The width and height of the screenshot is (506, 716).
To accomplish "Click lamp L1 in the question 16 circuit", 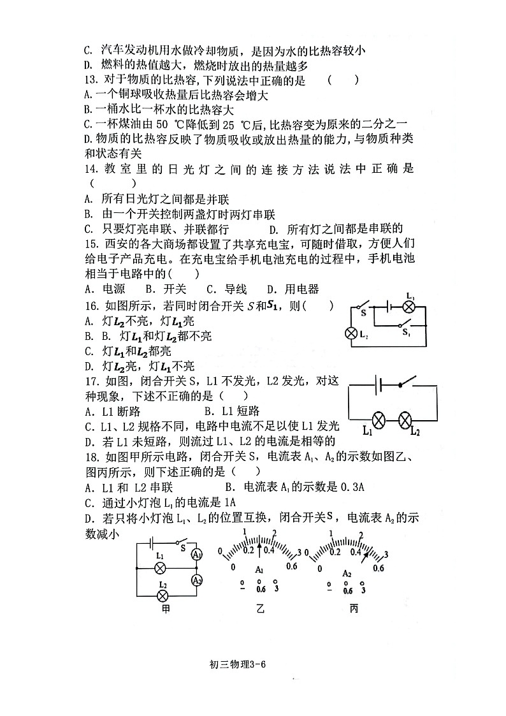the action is click(x=410, y=307).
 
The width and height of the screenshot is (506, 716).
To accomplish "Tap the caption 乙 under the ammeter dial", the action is click(x=259, y=608).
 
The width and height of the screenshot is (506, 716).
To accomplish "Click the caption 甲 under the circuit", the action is click(x=167, y=608).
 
